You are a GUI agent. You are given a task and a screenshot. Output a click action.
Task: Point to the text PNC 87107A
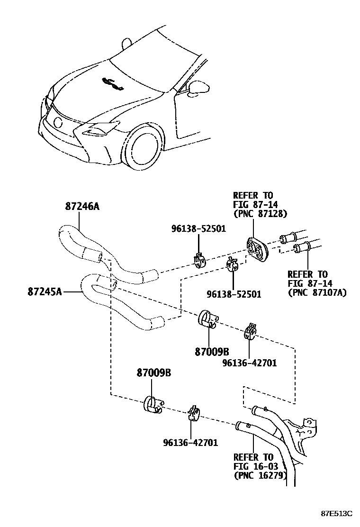click(x=317, y=292)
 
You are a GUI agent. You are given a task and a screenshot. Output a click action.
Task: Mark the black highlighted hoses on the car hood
click(x=113, y=84)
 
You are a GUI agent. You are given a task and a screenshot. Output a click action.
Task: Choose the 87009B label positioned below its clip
click(x=211, y=352)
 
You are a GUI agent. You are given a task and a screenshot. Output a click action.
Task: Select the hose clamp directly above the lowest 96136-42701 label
click(x=193, y=413)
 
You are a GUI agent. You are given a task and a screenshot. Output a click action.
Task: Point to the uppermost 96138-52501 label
click(x=198, y=229)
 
